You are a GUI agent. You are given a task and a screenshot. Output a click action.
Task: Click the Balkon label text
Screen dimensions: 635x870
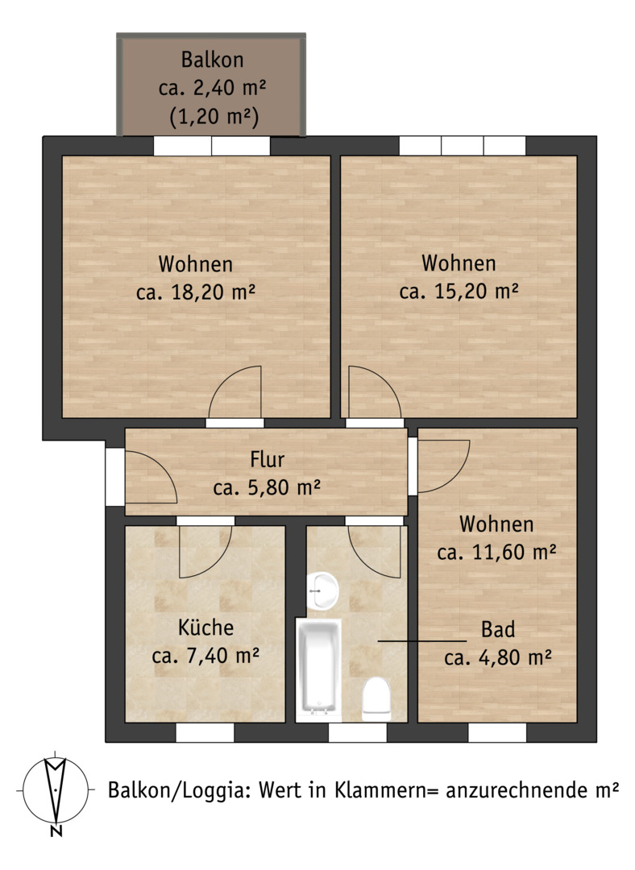[x=212, y=60]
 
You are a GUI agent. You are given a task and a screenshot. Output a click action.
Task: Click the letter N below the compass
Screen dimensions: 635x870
[x=56, y=831]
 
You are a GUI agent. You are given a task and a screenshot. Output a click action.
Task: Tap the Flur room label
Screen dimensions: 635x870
[x=267, y=459]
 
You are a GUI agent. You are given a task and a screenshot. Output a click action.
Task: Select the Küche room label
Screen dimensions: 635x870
[x=205, y=628]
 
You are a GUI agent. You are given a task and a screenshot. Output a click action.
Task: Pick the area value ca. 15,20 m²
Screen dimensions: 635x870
[x=459, y=291]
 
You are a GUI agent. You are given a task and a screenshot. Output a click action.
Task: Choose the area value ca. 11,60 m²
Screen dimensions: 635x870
[x=496, y=552]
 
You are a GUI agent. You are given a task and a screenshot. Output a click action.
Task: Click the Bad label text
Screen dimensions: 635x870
[x=498, y=629]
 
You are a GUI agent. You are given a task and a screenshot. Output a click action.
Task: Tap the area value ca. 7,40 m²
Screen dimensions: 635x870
[x=205, y=655]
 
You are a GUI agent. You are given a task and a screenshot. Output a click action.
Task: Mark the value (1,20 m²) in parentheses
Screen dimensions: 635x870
[x=214, y=117]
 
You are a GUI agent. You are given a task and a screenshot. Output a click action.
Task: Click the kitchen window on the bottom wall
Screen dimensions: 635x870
[x=205, y=732]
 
